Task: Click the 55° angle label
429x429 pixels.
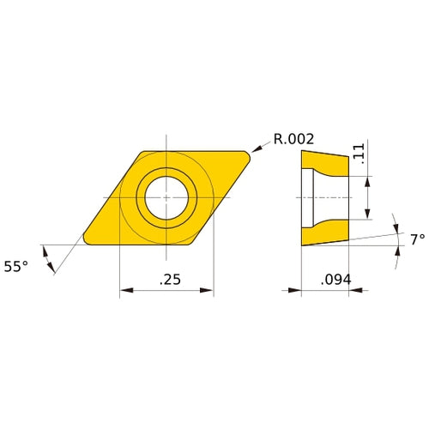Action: tap(16, 267)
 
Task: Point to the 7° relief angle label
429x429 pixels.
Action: tap(417, 239)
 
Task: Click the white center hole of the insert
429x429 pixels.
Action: tap(166, 196)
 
